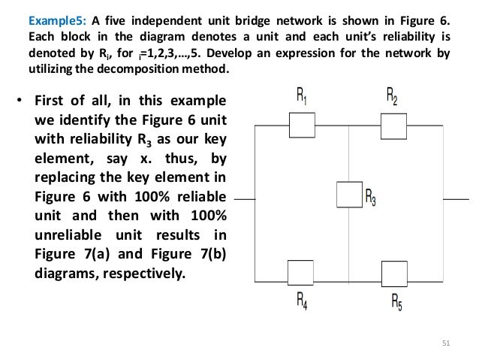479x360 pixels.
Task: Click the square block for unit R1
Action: pos(303,125)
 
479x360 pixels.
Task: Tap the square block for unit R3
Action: pos(349,194)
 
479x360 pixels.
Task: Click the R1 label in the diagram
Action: pos(301,96)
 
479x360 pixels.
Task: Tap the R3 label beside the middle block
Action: pos(370,198)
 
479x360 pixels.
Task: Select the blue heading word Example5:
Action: pos(56,21)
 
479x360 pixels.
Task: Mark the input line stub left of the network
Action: pos(246,199)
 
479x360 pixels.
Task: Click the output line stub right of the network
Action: pos(454,199)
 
